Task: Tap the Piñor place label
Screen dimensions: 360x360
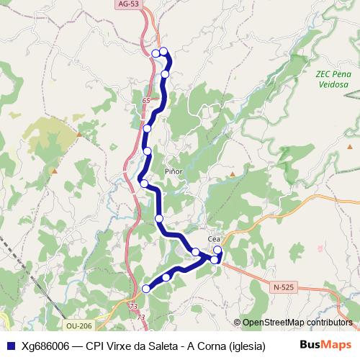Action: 174,171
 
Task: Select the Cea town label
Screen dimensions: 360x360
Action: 213,239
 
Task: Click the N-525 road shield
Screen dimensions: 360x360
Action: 284,287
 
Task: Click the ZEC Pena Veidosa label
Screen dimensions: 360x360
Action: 332,78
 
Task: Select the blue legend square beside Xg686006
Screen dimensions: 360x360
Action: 10,345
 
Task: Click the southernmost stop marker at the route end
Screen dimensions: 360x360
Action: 146,289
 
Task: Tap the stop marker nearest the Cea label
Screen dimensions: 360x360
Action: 217,250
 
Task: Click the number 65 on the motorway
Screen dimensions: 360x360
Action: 146,100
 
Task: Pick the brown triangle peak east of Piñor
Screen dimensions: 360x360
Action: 232,174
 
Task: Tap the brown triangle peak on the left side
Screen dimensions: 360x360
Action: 78,133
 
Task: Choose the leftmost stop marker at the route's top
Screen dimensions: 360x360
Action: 156,53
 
